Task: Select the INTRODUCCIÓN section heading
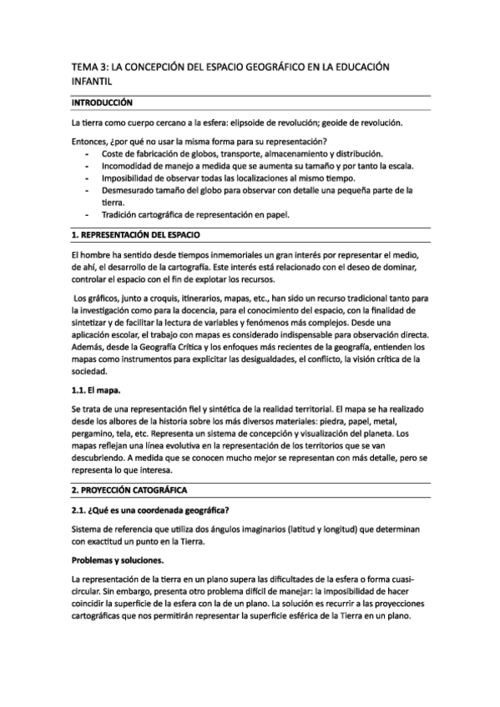[x=103, y=103]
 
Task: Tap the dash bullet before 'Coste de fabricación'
[x=88, y=154]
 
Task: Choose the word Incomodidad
[x=129, y=166]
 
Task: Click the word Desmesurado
[x=132, y=190]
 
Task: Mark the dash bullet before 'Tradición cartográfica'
[x=88, y=214]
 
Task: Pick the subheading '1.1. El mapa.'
[x=97, y=389]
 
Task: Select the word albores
[x=117, y=422]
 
